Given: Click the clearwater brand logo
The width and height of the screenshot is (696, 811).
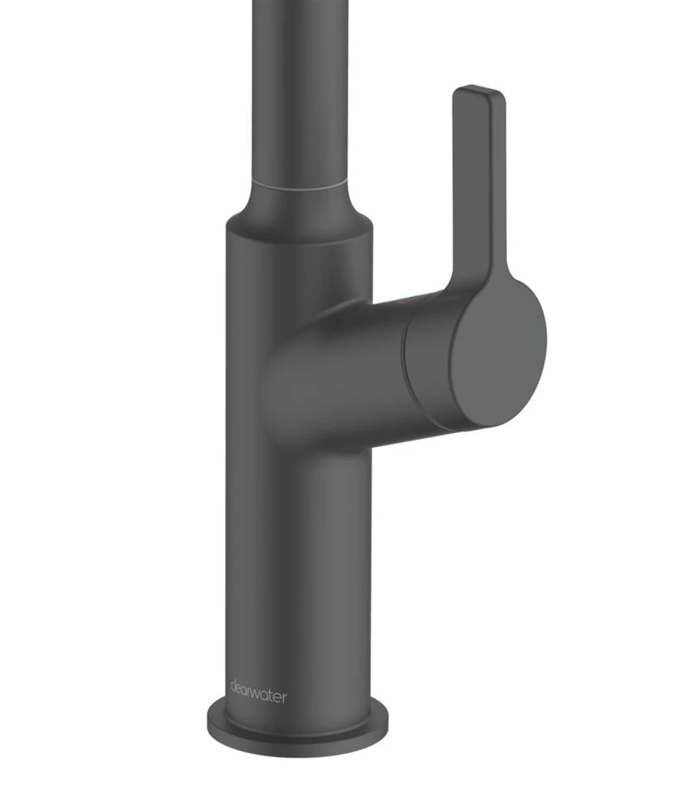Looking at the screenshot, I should coord(258,693).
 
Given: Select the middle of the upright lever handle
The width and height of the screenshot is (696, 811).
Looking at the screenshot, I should coord(477,187).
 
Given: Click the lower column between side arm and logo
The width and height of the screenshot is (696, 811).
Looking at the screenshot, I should coord(297,568).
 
